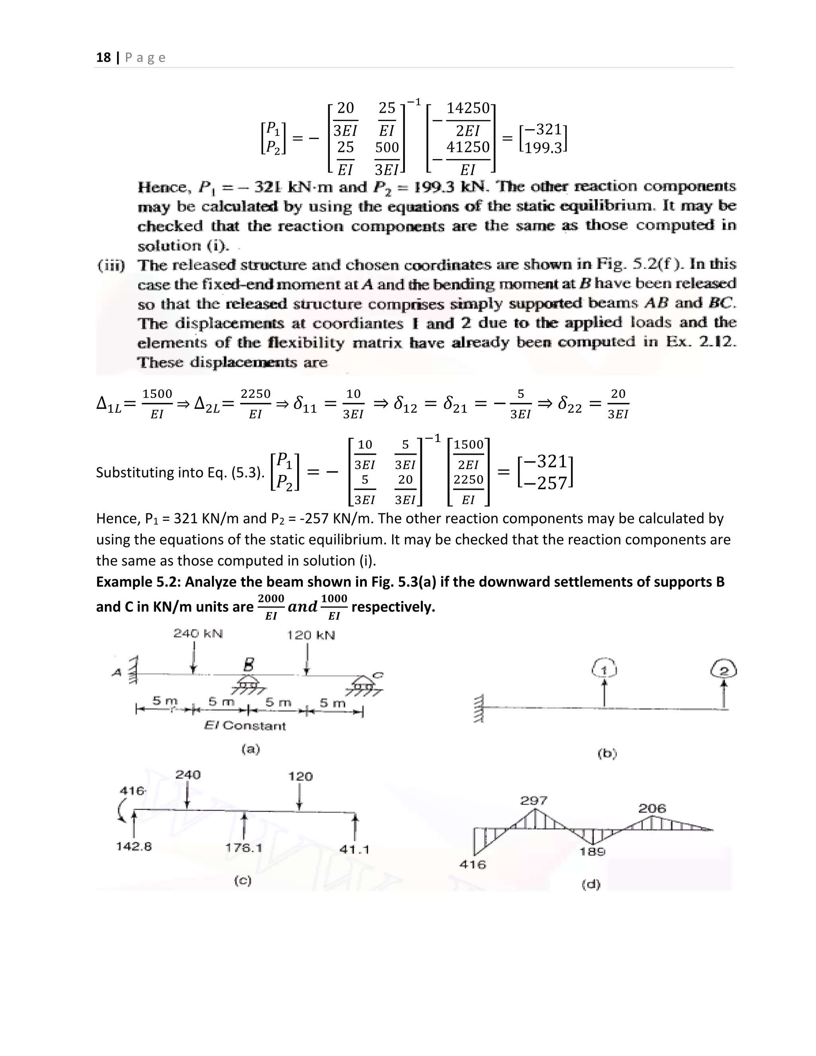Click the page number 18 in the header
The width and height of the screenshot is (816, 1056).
pos(104,57)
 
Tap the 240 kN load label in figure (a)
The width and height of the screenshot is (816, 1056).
pos(198,634)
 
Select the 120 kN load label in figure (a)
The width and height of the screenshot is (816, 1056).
pos(311,635)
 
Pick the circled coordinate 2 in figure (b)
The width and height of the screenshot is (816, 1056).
pos(724,670)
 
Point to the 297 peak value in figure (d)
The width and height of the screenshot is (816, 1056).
pos(534,801)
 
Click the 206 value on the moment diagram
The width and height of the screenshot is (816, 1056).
pos(652,808)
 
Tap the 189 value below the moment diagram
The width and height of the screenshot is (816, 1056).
pos(592,852)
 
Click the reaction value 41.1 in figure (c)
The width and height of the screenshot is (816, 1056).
pos(354,849)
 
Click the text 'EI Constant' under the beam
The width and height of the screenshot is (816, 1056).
pos(245,725)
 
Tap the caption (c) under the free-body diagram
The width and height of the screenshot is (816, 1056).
pos(243,881)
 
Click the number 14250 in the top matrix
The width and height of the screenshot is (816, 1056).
pos(468,108)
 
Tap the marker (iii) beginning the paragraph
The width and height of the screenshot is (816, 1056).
pos(111,265)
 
